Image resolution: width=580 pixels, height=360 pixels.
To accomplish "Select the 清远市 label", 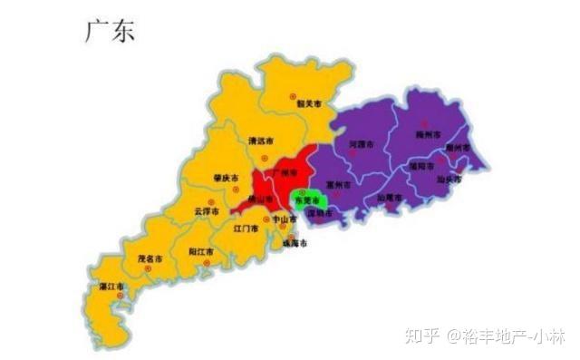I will (260, 141).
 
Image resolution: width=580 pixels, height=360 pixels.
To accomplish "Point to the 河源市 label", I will (362, 144).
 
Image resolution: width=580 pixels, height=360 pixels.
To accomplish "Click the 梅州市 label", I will (427, 135).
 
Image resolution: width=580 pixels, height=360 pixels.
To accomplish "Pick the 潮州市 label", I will (458, 148).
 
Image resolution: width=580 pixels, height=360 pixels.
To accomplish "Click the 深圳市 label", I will (319, 214).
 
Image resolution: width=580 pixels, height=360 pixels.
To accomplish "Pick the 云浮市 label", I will (207, 212).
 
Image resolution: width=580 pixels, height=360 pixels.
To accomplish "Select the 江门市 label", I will (245, 229).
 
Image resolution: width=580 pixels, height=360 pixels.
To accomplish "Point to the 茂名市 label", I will (149, 259).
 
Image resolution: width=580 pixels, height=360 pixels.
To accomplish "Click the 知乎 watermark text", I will (424, 335).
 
